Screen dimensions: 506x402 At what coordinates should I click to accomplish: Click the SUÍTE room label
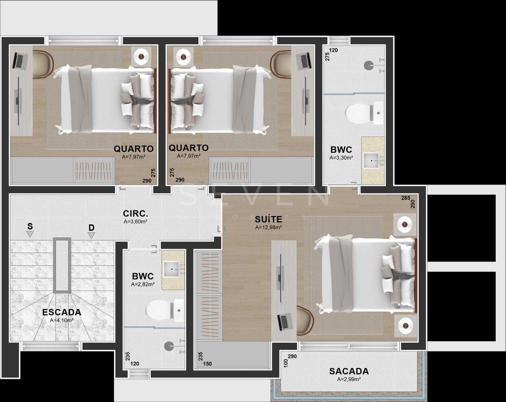tap(269, 219)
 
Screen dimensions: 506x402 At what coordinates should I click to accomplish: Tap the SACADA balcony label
tap(349, 371)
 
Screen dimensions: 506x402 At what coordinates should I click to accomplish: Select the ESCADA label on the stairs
tap(62, 312)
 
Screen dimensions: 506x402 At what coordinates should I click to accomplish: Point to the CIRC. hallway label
tap(135, 213)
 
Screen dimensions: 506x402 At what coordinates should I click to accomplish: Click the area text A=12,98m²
tap(269, 227)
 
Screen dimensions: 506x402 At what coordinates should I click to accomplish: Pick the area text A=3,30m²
tap(341, 158)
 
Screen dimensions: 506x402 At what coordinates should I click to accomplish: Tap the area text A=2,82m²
tap(143, 284)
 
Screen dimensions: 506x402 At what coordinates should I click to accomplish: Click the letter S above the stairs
tap(30, 226)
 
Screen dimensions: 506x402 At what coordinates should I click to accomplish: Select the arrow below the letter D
tap(91, 235)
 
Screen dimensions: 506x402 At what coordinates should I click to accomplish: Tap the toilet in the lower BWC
tap(165, 310)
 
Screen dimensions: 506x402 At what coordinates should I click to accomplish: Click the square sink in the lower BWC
tap(172, 269)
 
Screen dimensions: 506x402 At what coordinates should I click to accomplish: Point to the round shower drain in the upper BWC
tap(368, 65)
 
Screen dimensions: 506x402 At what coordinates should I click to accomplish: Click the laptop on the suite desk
tap(285, 322)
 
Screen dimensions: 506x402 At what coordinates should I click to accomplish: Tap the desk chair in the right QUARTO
tap(281, 64)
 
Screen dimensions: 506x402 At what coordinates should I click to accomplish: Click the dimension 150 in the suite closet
tap(207, 364)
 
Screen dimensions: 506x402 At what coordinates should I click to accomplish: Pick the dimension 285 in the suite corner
tap(406, 198)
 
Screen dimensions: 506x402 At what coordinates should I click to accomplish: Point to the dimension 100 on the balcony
tap(286, 363)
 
